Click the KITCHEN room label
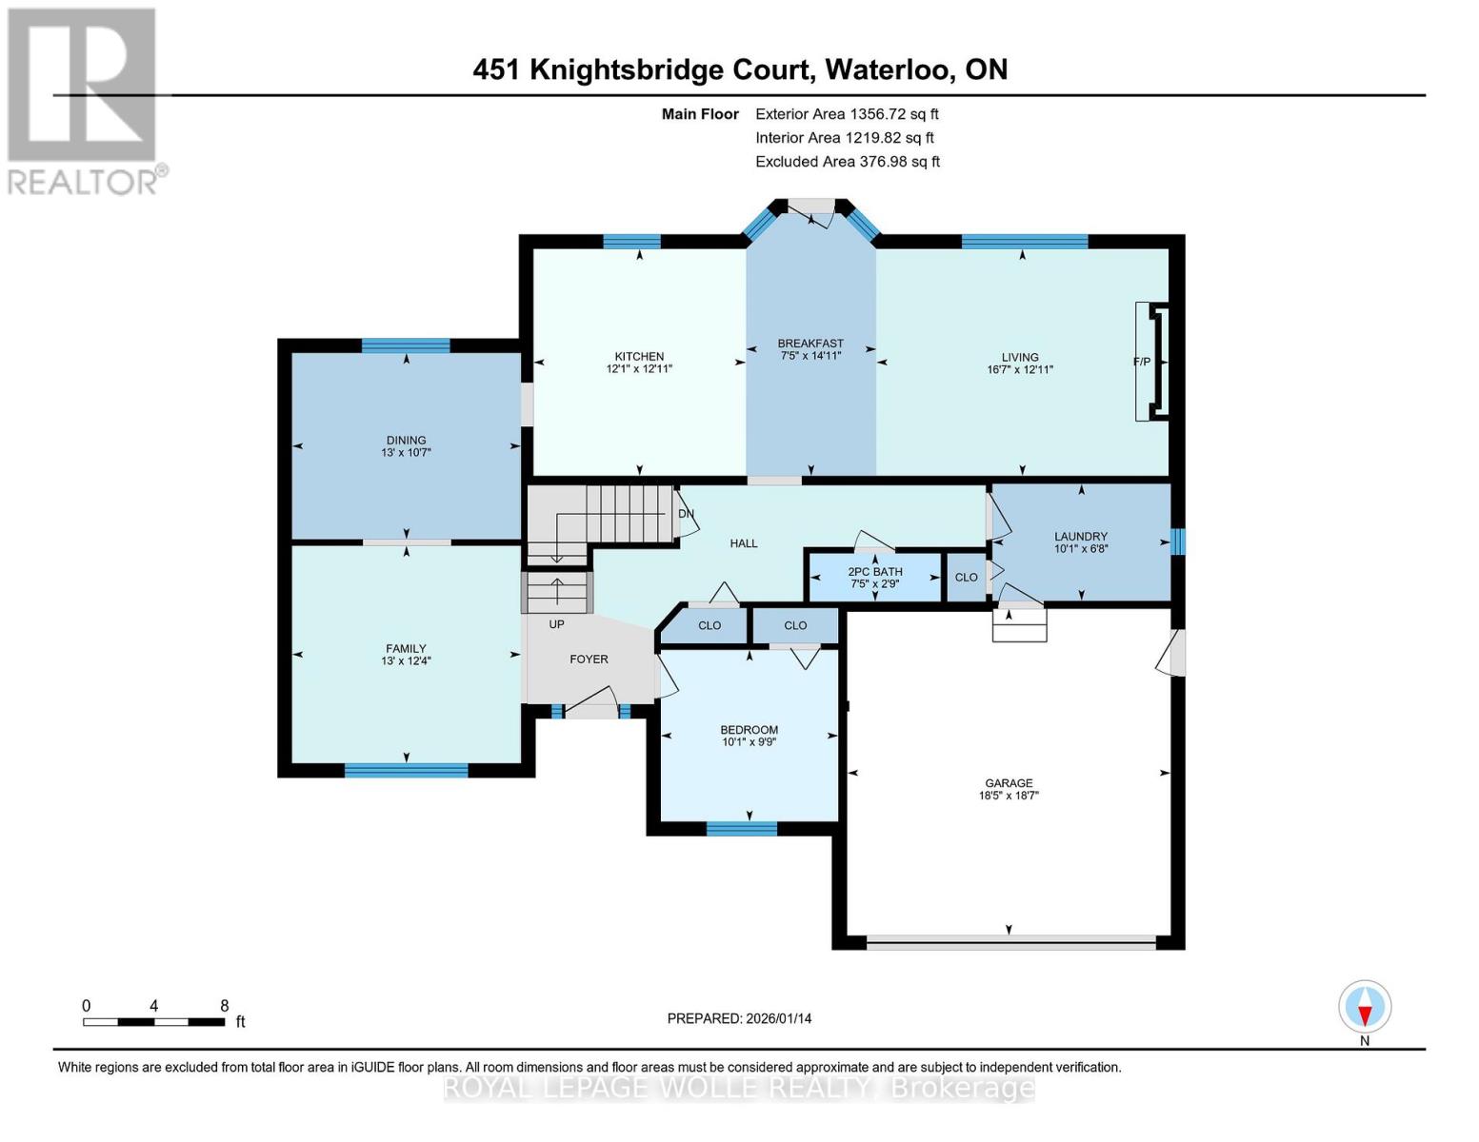pyautogui.click(x=639, y=357)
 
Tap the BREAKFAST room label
pyautogui.click(x=810, y=344)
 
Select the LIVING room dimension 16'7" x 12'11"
pyautogui.click(x=1020, y=370)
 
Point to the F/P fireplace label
pyautogui.click(x=1142, y=362)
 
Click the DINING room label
pyautogui.click(x=407, y=440)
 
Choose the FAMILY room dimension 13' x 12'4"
pyautogui.click(x=407, y=660)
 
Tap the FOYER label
pyautogui.click(x=589, y=660)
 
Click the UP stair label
pyautogui.click(x=557, y=623)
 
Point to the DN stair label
pyautogui.click(x=686, y=514)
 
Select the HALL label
pyautogui.click(x=744, y=543)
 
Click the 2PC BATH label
pyautogui.click(x=875, y=572)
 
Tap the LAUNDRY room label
pyautogui.click(x=1081, y=536)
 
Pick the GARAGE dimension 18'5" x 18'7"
pyautogui.click(x=1009, y=795)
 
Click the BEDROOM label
pyautogui.click(x=749, y=730)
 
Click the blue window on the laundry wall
pyautogui.click(x=1178, y=542)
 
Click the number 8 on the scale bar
pyautogui.click(x=225, y=1005)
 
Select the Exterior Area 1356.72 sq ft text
pyautogui.click(x=847, y=114)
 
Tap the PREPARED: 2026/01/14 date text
pyautogui.click(x=739, y=1018)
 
